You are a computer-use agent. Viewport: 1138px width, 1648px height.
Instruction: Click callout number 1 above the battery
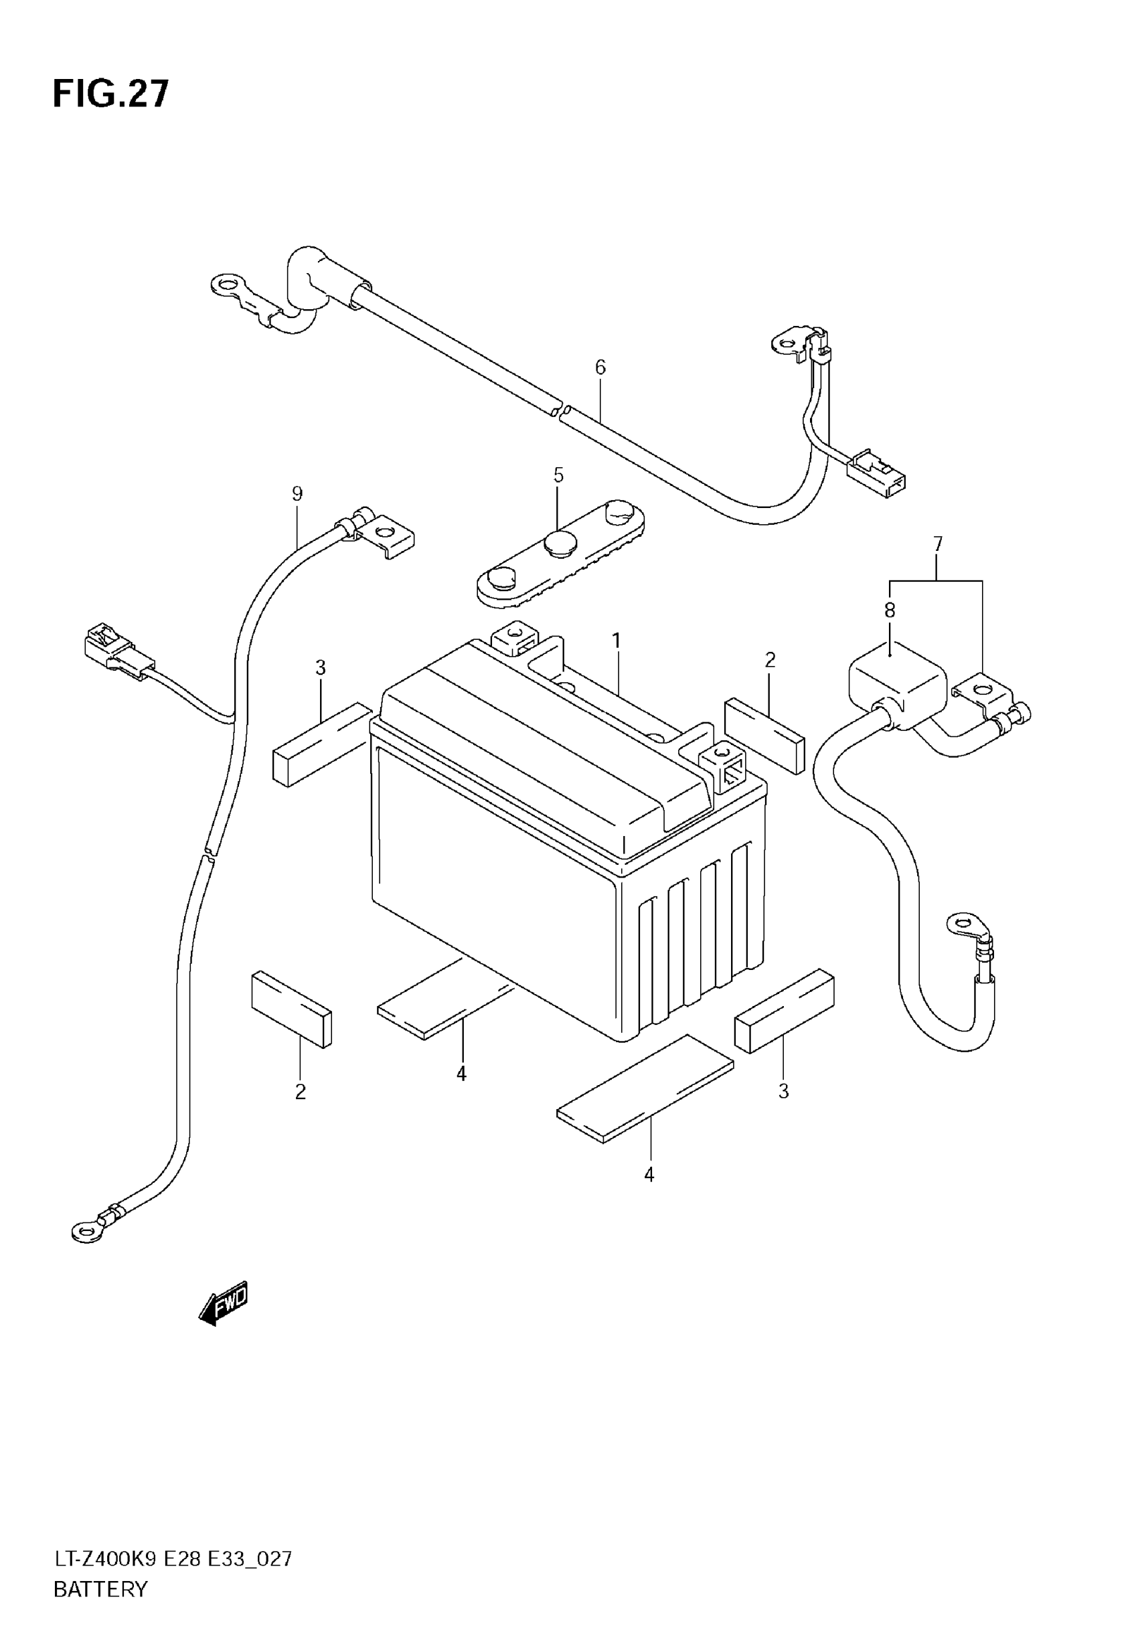pos(616,641)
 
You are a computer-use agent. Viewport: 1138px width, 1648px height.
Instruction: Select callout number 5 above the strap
pos(558,475)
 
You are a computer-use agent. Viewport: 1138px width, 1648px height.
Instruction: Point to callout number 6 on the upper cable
pos(600,367)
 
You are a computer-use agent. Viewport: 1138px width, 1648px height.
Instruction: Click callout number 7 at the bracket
pos(938,545)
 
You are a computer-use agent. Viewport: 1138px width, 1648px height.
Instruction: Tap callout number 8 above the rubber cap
pos(890,610)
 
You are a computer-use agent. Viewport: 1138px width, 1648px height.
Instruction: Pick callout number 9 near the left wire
pos(297,493)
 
